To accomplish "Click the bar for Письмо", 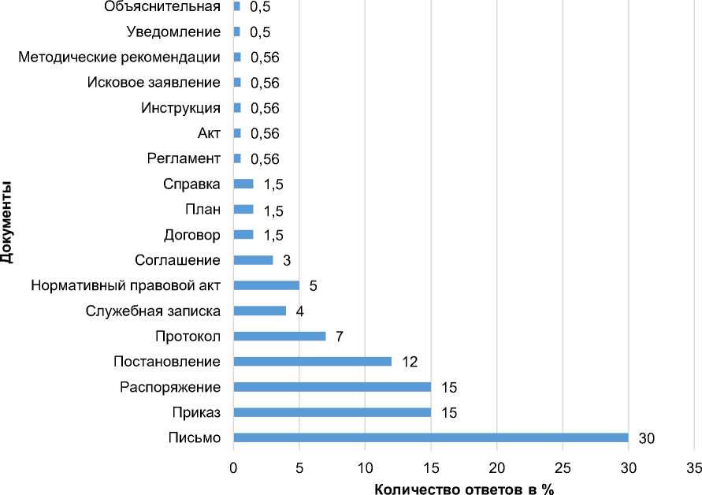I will coord(430,437).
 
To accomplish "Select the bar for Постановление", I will coord(312,361).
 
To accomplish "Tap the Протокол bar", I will coord(279,336).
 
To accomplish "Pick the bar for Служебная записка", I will coord(259,311).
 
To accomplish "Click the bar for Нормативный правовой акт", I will coord(266,285).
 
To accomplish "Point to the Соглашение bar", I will coord(253,259).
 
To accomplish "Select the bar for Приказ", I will coord(332,412).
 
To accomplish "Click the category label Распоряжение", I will coord(170,387).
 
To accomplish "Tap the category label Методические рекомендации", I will coord(118,57).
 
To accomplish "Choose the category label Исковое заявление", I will coord(154,82).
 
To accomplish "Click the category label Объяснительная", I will coord(162,6).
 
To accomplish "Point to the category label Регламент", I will coord(184,158).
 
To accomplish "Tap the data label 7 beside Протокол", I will coord(340,337).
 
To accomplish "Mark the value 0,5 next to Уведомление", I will coord(260,32).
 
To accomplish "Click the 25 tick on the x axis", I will coord(563,467).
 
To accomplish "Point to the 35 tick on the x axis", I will coord(694,467).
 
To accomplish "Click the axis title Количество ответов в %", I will coord(464,488).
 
